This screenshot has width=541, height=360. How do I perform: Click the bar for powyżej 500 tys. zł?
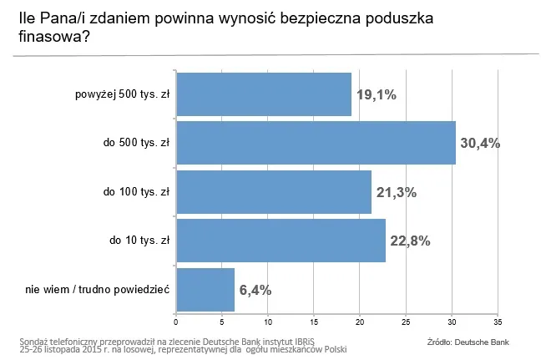point(263,94)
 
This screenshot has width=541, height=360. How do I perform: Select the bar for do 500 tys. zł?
point(316,143)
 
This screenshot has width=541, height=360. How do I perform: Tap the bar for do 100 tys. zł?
point(273,191)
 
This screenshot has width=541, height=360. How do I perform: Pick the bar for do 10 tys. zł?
point(281,241)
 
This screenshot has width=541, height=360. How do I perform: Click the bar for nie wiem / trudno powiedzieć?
point(205,289)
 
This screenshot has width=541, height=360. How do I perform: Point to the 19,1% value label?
point(376,94)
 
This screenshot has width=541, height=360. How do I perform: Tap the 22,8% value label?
point(410,241)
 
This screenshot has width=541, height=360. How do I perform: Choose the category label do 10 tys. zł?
point(139,241)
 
